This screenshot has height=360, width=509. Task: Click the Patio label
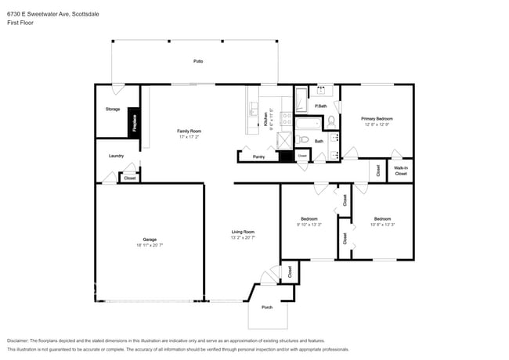198,61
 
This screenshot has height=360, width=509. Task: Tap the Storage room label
113,109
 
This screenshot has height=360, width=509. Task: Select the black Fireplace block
135,124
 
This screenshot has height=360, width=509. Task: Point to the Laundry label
116,156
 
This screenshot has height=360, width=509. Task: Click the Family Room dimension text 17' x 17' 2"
190,137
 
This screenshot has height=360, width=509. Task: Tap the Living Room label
243,232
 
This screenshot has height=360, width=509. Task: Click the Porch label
266,308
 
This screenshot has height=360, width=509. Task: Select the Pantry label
258,157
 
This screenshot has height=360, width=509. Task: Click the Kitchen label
265,119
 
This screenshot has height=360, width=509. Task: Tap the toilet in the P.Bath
330,121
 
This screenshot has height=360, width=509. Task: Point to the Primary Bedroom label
377,118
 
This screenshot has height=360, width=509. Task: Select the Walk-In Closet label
400,170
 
